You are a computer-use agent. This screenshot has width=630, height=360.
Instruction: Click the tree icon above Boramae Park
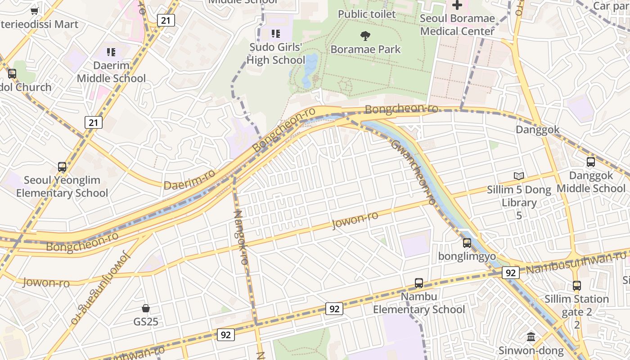[x=365, y=36]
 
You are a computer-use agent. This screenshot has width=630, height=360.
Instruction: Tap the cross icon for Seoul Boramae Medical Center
[x=457, y=5]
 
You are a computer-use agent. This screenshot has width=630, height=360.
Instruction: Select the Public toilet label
[x=367, y=14]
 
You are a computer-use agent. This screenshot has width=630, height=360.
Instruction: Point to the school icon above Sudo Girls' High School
[x=275, y=34]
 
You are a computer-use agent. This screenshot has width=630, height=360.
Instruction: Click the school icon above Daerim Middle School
[x=111, y=52]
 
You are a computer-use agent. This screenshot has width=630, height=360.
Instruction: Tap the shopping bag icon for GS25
[x=145, y=308]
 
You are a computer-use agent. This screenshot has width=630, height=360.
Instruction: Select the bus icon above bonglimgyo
[x=467, y=243]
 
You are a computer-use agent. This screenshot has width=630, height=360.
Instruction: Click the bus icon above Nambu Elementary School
[x=418, y=283]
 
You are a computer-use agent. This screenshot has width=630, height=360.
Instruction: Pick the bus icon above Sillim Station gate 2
[x=577, y=285]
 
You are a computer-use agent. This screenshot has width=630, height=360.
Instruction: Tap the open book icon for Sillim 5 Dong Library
[x=519, y=176]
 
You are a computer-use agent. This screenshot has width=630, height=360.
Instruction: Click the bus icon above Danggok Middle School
[x=590, y=162]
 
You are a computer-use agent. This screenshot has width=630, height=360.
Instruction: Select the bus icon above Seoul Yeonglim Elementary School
[x=62, y=167]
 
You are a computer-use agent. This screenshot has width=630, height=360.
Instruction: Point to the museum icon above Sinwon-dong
[x=531, y=337]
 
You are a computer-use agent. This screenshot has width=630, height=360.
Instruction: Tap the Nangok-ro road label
[x=241, y=237]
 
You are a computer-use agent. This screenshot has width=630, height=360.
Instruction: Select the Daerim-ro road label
[x=189, y=180]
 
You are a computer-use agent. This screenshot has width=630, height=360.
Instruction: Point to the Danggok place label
[x=537, y=130]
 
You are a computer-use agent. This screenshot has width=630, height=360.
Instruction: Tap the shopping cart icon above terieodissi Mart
[x=34, y=11]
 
